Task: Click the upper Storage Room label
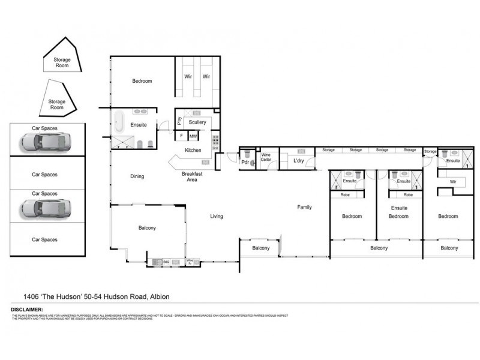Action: click(62, 62)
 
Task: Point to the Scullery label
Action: click(197, 122)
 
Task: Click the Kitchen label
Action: click(193, 150)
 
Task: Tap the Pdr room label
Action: click(245, 162)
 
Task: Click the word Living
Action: click(217, 216)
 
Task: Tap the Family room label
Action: click(305, 207)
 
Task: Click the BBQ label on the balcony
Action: click(166, 262)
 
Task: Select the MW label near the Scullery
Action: click(193, 136)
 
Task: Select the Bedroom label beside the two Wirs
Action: click(142, 81)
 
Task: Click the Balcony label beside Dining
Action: click(147, 228)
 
